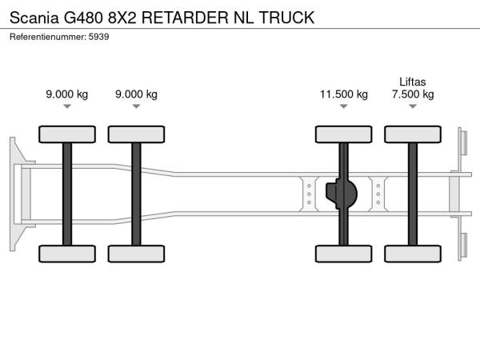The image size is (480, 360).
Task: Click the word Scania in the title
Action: point(33,16)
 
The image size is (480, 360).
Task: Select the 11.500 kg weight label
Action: point(344,94)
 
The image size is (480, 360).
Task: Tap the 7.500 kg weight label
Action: point(413,94)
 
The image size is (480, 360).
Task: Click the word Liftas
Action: point(413,81)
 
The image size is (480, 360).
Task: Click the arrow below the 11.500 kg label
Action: point(344,106)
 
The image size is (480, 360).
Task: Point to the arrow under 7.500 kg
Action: point(413,106)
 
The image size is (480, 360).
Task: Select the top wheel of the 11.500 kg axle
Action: point(344,134)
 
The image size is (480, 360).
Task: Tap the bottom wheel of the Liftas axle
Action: point(413,254)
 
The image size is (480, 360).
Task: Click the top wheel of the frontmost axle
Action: point(67,134)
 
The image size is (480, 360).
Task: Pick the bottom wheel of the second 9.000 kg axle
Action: point(136,254)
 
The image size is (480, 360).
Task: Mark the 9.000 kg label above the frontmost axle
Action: point(67,94)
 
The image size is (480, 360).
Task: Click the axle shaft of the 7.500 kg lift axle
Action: point(413,194)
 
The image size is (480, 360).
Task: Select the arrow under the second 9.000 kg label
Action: point(136,106)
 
